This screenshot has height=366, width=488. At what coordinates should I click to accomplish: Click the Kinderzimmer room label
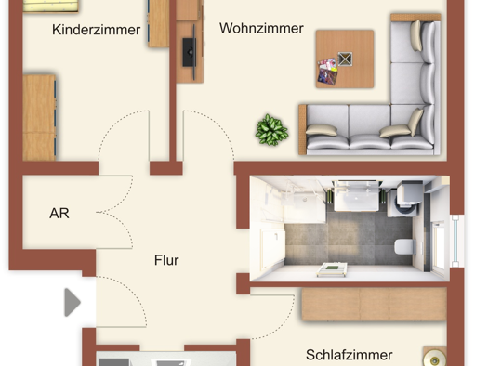click(97, 30)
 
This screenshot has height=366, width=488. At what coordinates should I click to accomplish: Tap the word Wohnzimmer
click(261, 28)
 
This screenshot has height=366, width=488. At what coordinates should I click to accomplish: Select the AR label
click(59, 213)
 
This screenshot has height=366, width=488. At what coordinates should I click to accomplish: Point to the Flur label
click(166, 260)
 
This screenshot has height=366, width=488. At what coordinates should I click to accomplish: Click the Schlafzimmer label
click(350, 355)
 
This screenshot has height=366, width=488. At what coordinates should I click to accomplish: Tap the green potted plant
click(271, 129)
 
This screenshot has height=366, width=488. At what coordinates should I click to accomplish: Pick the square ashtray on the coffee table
click(346, 59)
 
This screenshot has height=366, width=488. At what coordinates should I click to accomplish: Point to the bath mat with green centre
click(331, 269)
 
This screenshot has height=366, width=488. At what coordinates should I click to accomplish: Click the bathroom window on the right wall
click(455, 240)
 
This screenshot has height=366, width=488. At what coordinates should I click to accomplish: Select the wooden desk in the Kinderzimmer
click(40, 116)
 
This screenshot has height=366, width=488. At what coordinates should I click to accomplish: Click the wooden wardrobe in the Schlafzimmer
click(373, 304)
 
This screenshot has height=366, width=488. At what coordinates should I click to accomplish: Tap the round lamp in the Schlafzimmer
click(433, 357)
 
